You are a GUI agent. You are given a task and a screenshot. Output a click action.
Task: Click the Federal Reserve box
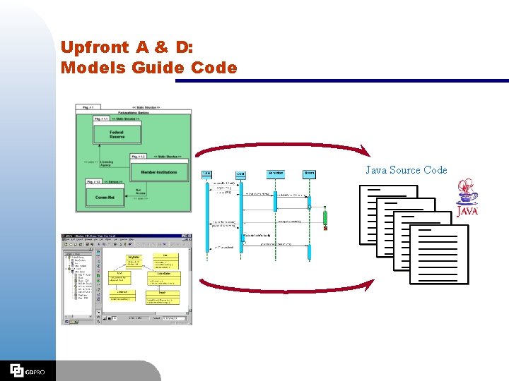click(117, 133)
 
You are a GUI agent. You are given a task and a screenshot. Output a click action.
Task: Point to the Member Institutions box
click(158, 171)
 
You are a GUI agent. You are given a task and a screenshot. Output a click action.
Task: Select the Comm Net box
click(105, 197)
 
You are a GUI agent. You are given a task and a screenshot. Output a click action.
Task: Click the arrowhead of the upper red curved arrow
click(365, 151)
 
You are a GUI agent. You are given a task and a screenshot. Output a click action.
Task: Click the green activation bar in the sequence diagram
click(325, 217)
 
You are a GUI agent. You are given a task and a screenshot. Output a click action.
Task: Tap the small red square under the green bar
click(325, 229)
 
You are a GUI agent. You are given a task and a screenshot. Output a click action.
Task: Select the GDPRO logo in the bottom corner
click(27, 370)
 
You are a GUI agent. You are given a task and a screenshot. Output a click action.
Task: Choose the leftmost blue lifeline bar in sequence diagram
click(207, 212)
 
